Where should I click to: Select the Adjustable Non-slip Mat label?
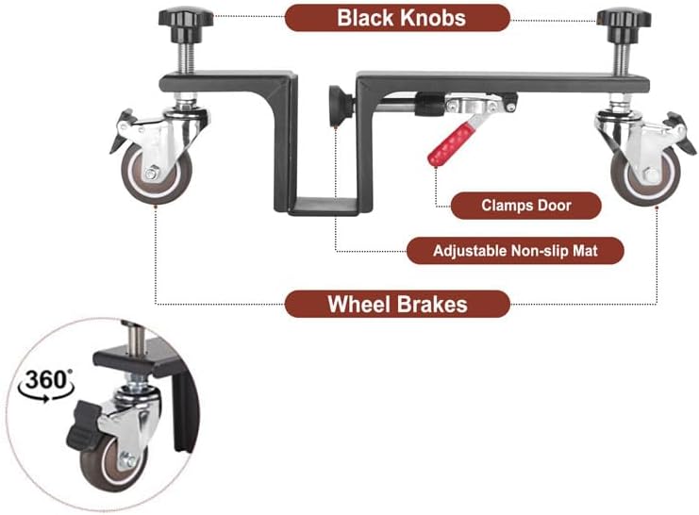[x=515, y=251]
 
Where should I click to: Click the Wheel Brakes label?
[x=397, y=305]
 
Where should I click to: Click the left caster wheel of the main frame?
[x=152, y=171]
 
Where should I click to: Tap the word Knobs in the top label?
[x=431, y=17]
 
